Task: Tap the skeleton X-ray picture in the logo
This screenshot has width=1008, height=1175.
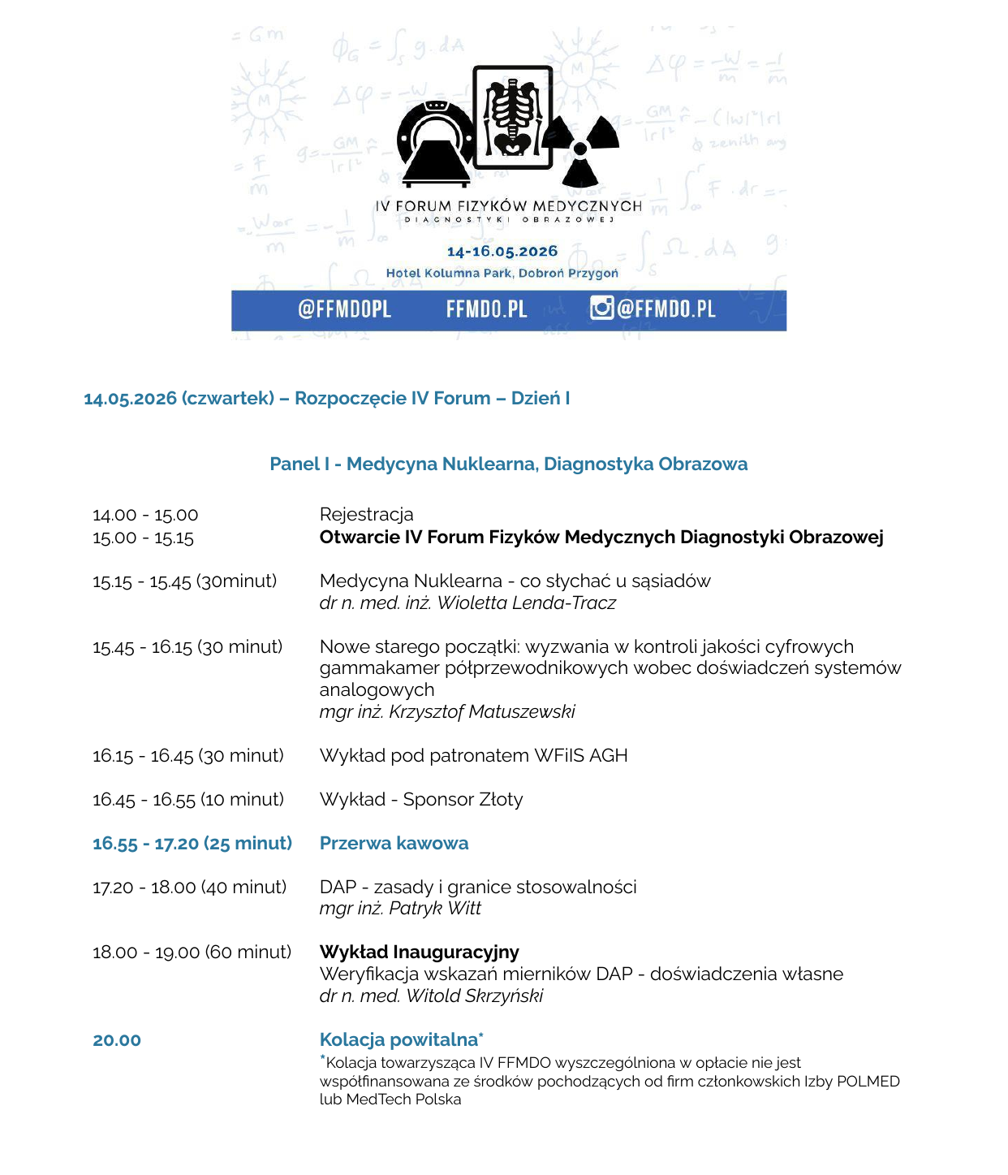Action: (512, 117)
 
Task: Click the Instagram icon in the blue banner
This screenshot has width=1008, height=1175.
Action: (601, 309)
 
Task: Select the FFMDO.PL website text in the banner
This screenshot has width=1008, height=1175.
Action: (486, 309)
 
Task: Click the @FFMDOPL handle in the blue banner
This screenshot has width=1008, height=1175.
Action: (344, 309)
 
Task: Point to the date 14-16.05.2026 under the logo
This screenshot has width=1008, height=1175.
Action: (502, 252)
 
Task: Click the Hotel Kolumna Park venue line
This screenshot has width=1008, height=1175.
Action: (502, 273)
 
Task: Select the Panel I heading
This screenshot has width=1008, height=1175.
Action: (508, 464)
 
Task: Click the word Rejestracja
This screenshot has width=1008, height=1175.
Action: (366, 514)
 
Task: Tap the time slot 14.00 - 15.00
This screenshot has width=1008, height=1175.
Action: (145, 515)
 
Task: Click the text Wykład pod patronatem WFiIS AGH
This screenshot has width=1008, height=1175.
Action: (473, 755)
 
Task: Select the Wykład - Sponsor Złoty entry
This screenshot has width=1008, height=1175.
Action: (420, 799)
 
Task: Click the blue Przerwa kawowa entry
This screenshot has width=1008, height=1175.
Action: (394, 843)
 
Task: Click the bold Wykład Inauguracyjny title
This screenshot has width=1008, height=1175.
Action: (419, 952)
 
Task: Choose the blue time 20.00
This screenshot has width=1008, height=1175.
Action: (117, 1040)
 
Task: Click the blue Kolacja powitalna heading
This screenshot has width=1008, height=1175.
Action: (398, 1039)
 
